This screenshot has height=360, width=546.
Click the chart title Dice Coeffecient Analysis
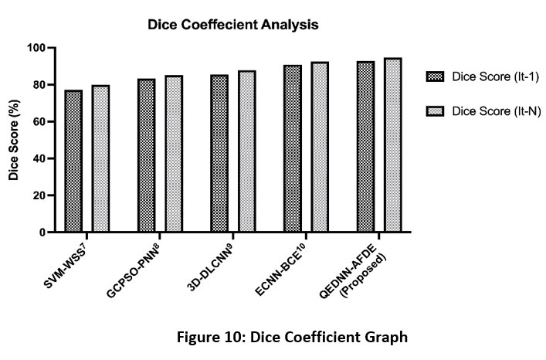tap(233, 25)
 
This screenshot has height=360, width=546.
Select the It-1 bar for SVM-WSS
tap(73, 161)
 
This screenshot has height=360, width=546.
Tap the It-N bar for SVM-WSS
tap(100, 158)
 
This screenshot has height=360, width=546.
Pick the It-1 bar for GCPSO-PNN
tap(146, 155)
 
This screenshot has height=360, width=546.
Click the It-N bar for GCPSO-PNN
tap(173, 154)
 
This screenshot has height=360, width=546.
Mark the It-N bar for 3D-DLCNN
tap(246, 151)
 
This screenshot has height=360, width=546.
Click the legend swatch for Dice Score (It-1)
tap(435, 76)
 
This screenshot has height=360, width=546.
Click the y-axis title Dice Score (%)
tap(14, 139)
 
